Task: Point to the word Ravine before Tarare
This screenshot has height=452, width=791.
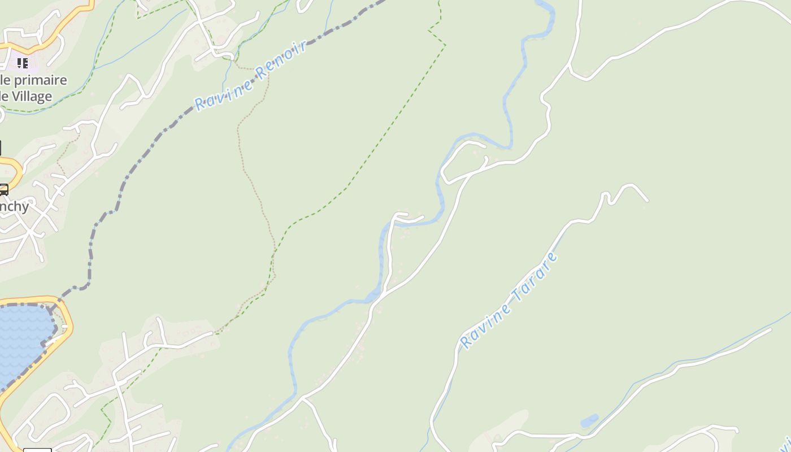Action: pyautogui.click(x=485, y=325)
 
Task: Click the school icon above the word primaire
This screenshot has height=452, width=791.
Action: pyautogui.click(x=22, y=62)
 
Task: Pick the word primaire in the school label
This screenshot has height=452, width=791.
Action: pyautogui.click(x=40, y=80)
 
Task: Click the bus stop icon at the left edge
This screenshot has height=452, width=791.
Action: pyautogui.click(x=3, y=189)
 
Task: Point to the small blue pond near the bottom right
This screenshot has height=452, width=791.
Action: pyautogui.click(x=589, y=421)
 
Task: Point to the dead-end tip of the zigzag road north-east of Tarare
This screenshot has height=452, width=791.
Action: pyautogui.click(x=647, y=200)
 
